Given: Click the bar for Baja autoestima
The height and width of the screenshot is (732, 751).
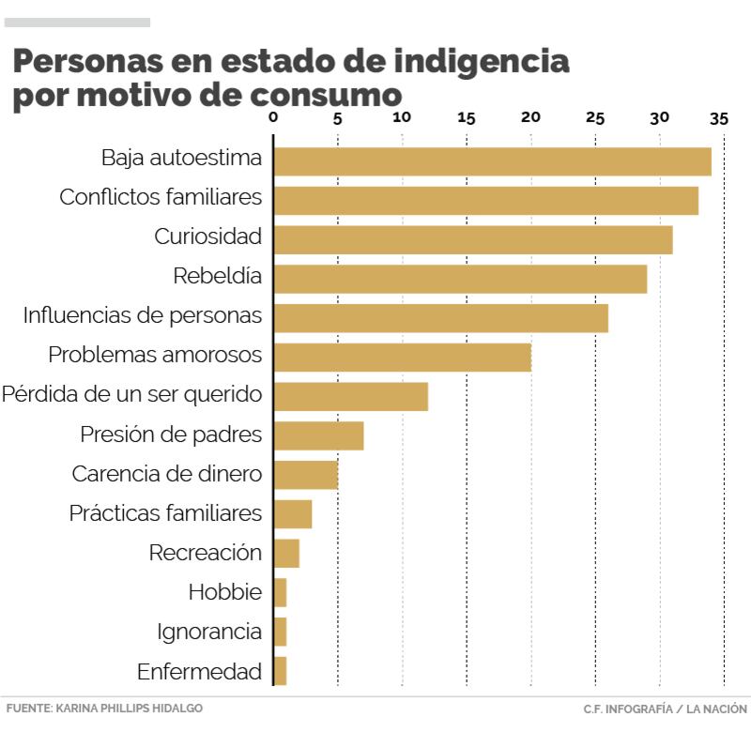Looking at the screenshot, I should click(x=492, y=161).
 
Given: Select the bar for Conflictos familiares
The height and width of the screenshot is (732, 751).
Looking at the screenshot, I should click(x=485, y=201).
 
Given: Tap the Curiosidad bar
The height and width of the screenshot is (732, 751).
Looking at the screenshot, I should click(x=472, y=240).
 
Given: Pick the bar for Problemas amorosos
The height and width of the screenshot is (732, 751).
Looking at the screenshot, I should click(x=402, y=358).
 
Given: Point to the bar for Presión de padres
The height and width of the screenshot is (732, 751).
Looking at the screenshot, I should click(x=318, y=436).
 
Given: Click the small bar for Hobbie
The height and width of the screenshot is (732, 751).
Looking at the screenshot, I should click(x=280, y=593).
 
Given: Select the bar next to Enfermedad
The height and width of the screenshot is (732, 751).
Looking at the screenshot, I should click(x=280, y=672).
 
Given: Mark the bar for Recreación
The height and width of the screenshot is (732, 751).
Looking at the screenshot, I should click(x=286, y=554).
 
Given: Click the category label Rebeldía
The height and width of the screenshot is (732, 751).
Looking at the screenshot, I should click(x=217, y=277).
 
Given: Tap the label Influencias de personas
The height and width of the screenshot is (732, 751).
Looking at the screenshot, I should click(x=142, y=316).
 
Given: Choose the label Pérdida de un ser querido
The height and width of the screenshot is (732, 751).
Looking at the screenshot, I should click(x=131, y=395).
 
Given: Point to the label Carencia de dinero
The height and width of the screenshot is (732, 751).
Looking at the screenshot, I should click(x=166, y=474).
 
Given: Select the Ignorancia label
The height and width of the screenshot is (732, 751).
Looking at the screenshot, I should click(x=209, y=632).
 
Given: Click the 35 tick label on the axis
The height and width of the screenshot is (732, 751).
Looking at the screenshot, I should click(x=719, y=118).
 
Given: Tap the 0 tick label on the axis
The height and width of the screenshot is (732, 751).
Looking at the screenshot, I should click(x=273, y=118).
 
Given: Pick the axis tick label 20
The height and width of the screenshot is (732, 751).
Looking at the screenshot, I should click(x=530, y=118).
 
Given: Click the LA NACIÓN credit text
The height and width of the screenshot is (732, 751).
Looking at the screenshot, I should click(x=718, y=709).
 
